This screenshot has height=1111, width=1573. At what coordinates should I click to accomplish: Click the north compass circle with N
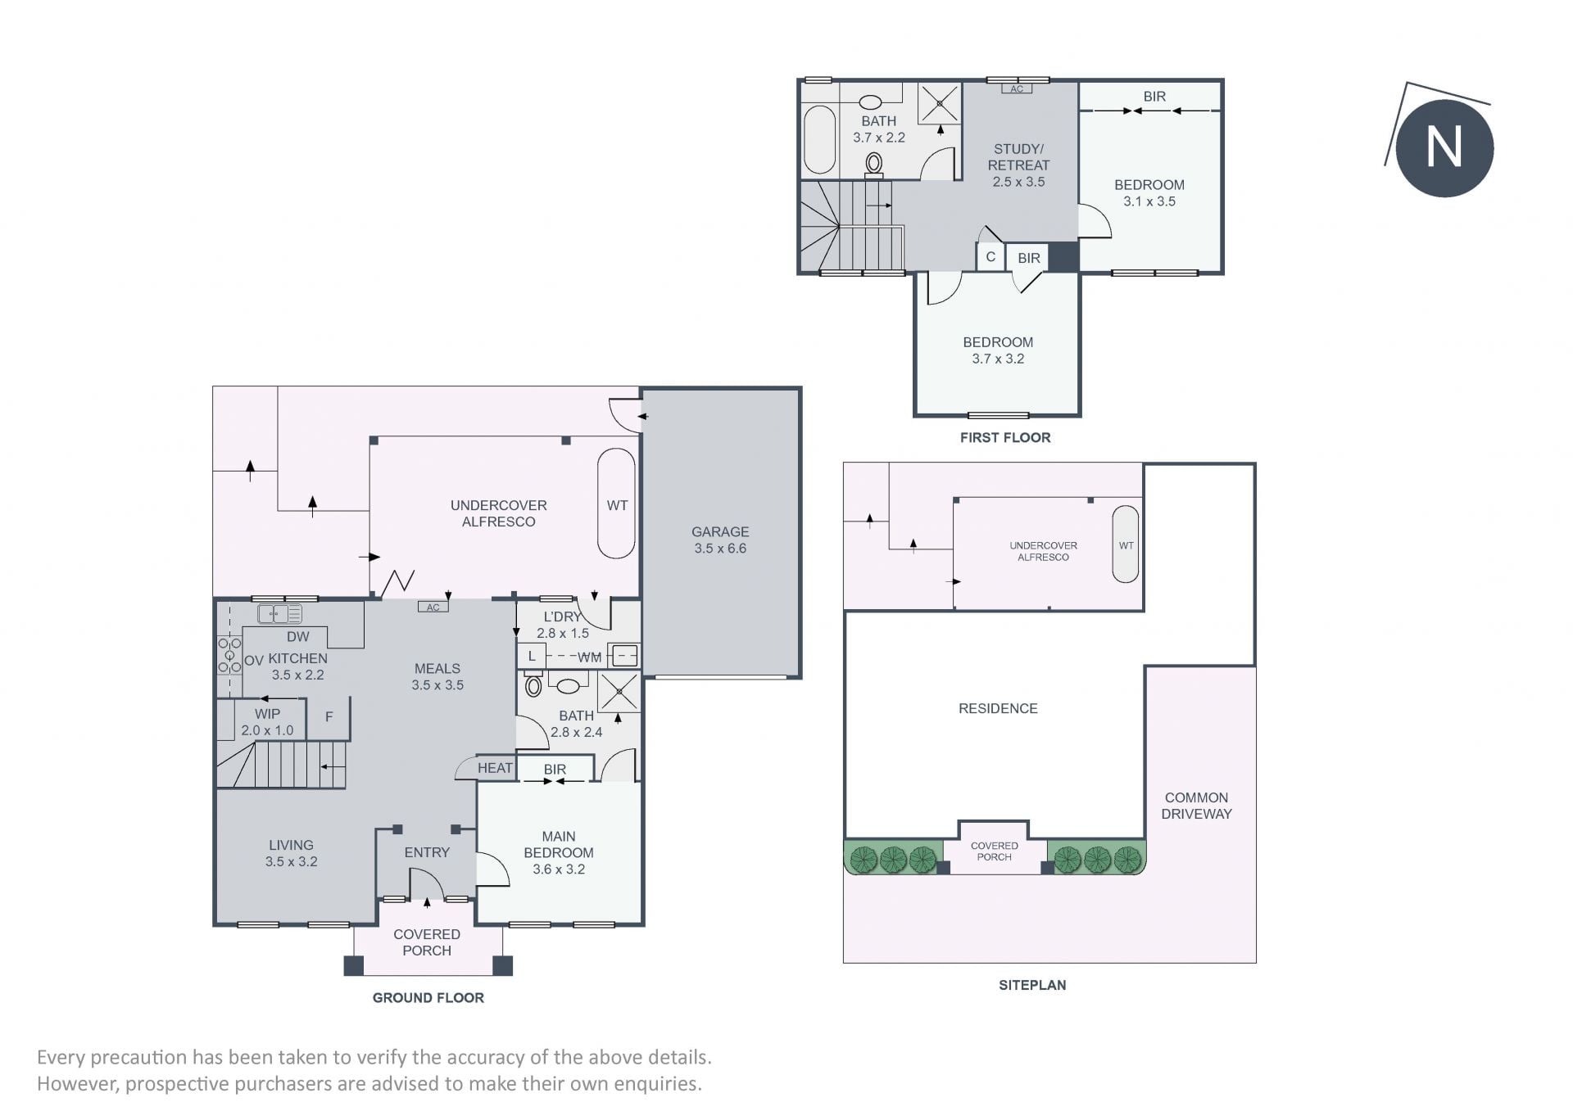[1444, 148]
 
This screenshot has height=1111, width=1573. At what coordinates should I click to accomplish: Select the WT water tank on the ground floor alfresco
[616, 504]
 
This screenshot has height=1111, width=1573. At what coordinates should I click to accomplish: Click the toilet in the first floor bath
[874, 164]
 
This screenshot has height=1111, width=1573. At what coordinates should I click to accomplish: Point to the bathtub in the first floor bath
[819, 139]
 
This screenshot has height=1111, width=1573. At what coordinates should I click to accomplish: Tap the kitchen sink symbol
[279, 613]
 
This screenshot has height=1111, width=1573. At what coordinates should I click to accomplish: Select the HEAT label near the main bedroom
[495, 768]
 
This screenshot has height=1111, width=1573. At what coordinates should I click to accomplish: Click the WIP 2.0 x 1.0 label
[267, 722]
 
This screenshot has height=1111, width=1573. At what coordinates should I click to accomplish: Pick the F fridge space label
[329, 717]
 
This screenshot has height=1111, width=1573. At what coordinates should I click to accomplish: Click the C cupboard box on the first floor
[990, 257]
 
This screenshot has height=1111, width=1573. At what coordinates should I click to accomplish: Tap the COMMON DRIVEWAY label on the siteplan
[1196, 806]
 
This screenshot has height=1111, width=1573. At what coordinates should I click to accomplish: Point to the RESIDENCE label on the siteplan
[998, 708]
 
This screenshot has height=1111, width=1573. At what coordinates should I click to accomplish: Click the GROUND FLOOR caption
[428, 997]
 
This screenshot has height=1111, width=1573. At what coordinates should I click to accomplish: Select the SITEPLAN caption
[1032, 985]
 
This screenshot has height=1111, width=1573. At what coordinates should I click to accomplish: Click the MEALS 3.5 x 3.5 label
[437, 677]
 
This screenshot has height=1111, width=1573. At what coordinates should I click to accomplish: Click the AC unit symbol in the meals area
[433, 607]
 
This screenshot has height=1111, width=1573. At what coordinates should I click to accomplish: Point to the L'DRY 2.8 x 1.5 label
[563, 625]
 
